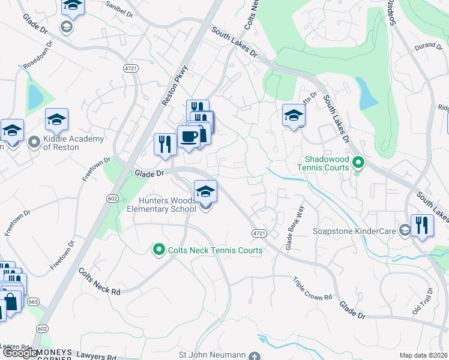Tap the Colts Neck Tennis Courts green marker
pyautogui.click(x=159, y=250)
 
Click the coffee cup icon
pyautogui.click(x=188, y=136)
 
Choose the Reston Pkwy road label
pyautogui.click(x=174, y=85)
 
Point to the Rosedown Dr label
pyautogui.click(x=38, y=56)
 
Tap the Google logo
pyautogui.click(x=20, y=353)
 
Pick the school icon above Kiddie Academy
pyautogui.click(x=56, y=119)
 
